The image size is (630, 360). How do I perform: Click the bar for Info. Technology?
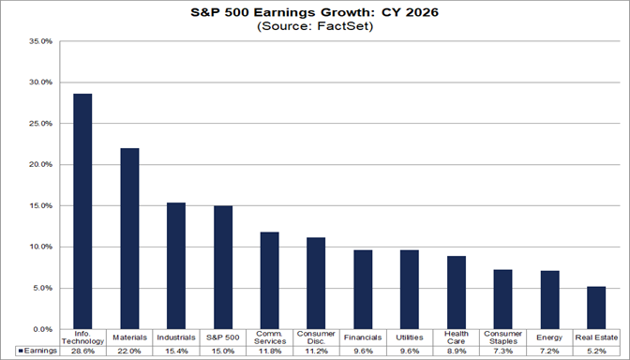click(82, 212)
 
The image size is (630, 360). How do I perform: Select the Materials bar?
click(129, 239)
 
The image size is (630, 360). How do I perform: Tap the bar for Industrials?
click(176, 266)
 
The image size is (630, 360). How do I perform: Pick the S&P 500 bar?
click(222, 267)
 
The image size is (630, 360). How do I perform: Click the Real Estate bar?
click(595, 307)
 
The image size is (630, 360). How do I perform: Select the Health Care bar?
click(456, 292)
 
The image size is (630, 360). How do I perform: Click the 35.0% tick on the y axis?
click(42, 41)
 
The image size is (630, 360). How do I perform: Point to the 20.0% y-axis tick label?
click(42, 165)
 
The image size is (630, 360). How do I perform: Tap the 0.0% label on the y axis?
click(44, 330)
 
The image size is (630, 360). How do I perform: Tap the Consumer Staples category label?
click(502, 337)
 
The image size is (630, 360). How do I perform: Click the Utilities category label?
click(410, 336)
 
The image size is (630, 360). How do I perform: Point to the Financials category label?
click(363, 336)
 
